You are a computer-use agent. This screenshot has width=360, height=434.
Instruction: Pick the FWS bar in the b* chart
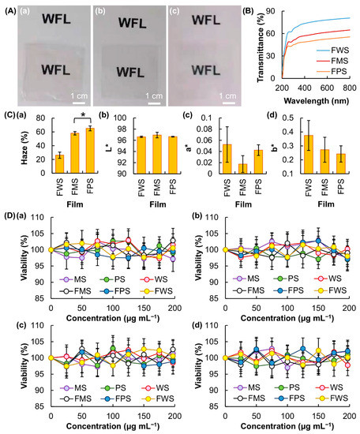click(309, 154)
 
